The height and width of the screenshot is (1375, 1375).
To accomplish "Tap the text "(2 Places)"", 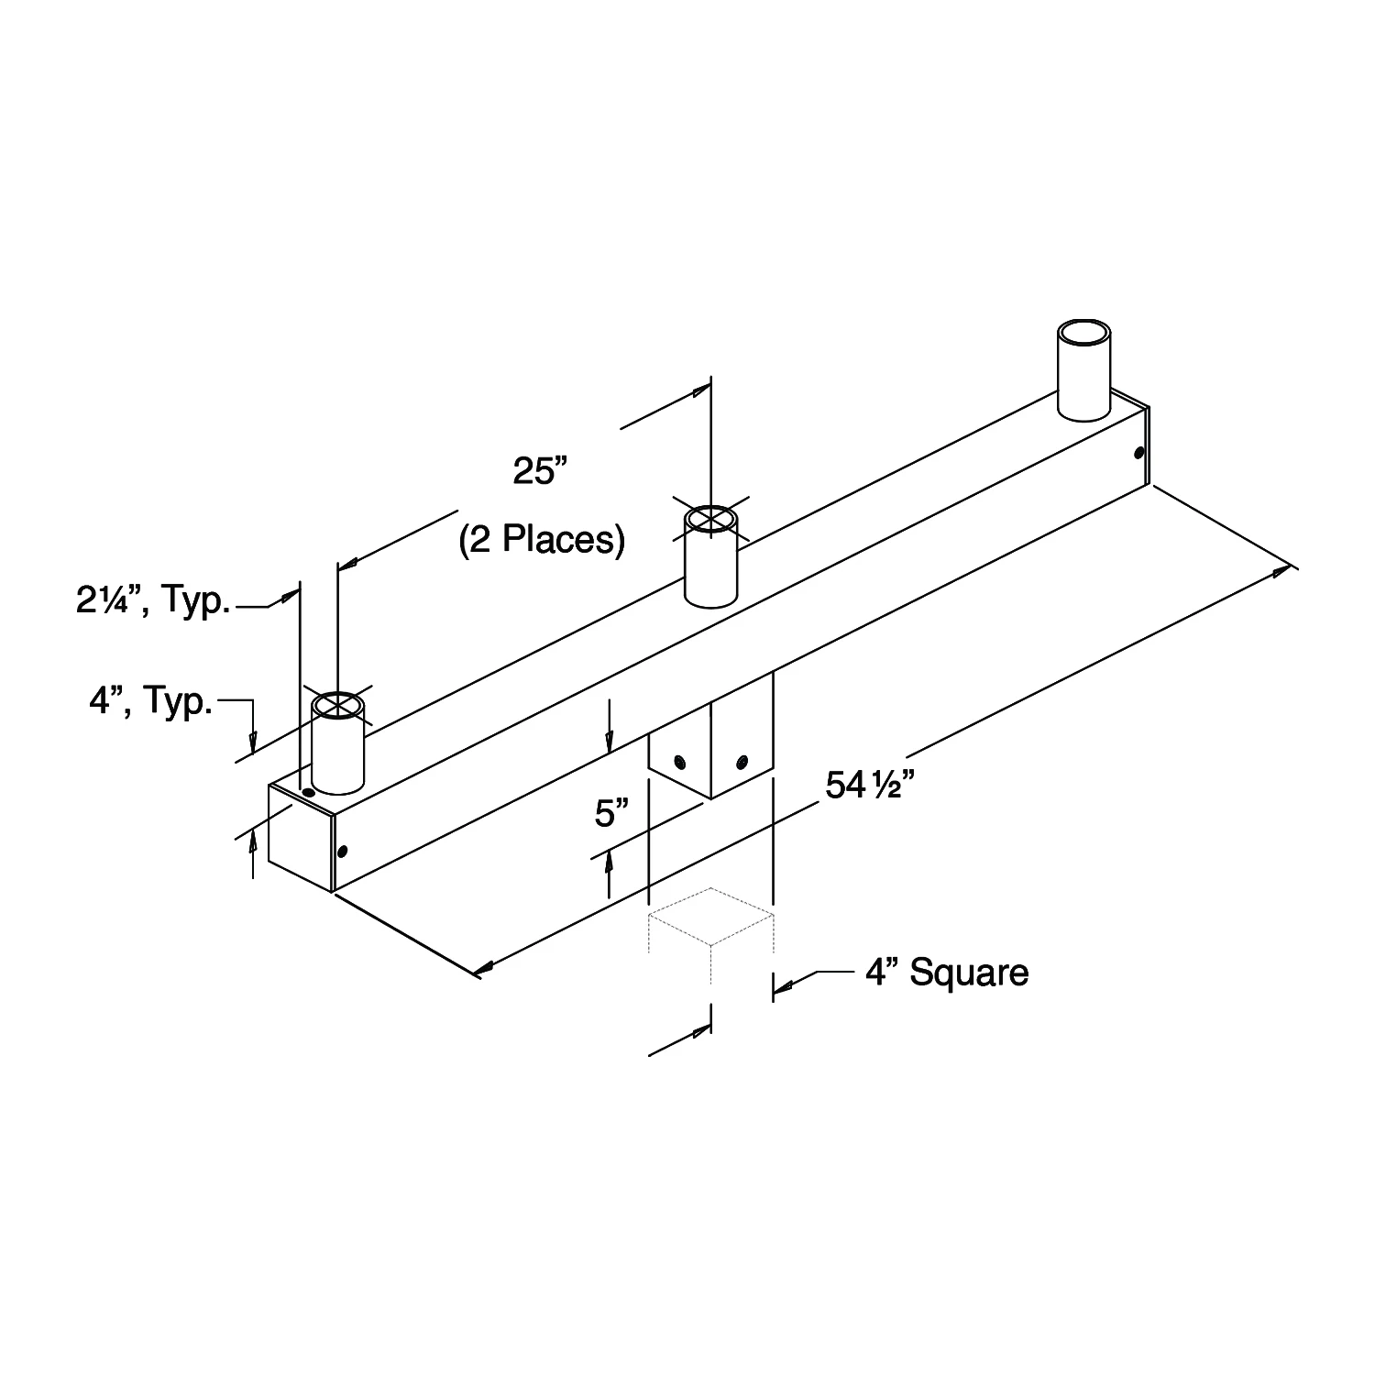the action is pos(542,539).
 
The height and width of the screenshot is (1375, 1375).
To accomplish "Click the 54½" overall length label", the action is pos(871,786).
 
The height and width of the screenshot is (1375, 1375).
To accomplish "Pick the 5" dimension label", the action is pos(611,813).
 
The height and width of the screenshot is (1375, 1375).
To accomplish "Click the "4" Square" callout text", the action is pos(947,973).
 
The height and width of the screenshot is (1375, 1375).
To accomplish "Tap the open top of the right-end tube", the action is pos(1083,332).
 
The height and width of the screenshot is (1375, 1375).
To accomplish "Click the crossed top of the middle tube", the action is pos(711,519).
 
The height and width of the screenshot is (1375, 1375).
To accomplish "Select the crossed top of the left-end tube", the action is pos(338,707).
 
